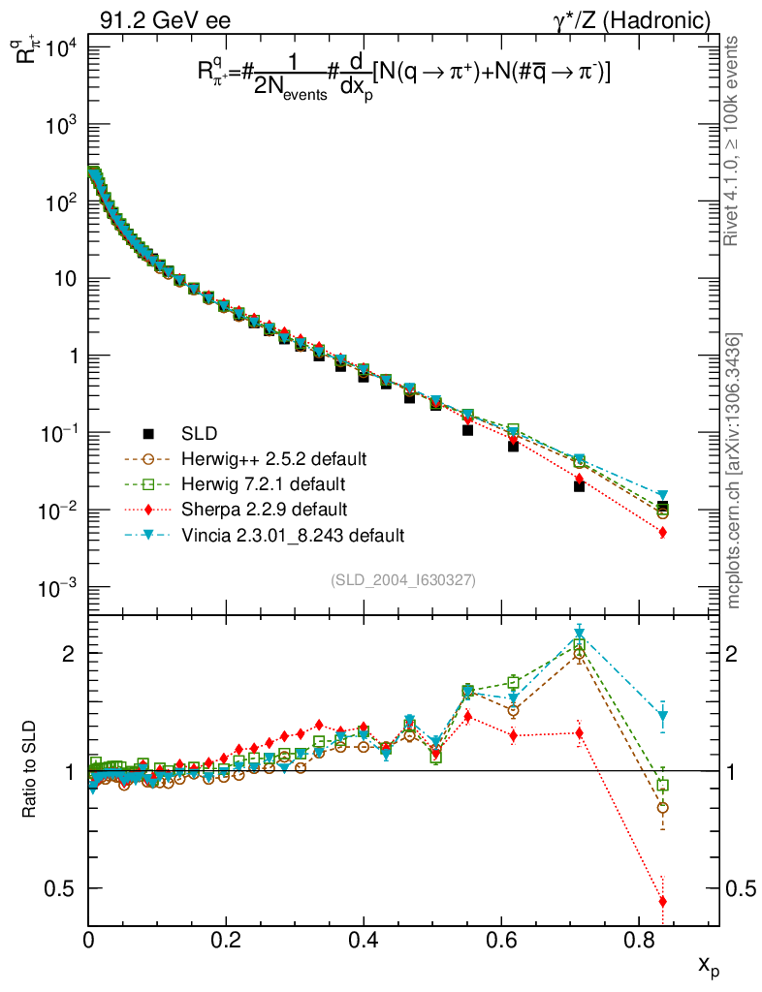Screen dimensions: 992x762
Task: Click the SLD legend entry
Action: coord(199,433)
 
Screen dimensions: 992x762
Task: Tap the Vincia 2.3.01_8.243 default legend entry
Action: coord(292,534)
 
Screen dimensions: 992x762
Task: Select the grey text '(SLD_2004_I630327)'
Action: coord(402,579)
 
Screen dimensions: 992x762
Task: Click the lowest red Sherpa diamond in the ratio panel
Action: coord(663,902)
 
